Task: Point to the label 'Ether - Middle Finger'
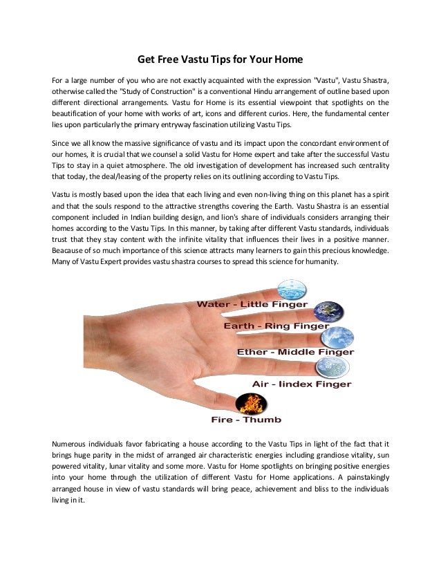coord(295,351)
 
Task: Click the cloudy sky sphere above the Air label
coord(324,367)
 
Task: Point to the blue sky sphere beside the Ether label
coord(341,336)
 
